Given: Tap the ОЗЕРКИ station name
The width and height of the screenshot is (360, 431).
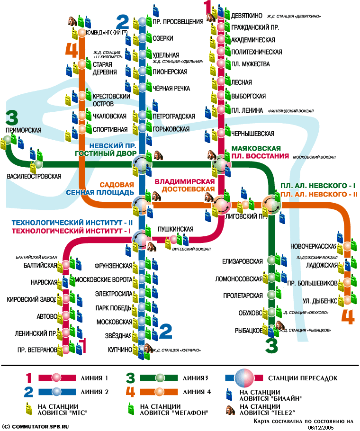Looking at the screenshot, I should pyautogui.click(x=163, y=38).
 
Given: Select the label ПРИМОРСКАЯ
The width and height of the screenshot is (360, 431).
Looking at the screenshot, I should pyautogui.click(x=24, y=130).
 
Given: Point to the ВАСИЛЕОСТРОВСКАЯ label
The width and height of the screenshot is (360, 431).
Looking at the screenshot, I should pyautogui.click(x=34, y=176).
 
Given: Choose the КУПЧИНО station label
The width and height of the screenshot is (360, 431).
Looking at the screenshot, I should pyautogui.click(x=119, y=350).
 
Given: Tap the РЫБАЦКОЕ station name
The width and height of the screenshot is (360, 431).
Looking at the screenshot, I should pyautogui.click(x=247, y=330).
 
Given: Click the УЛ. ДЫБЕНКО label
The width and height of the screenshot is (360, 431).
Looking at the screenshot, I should pyautogui.click(x=320, y=301).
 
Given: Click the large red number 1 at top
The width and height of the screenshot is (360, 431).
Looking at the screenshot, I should pyautogui.click(x=207, y=7).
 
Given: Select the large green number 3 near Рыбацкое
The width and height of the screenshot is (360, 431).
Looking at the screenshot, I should pyautogui.click(x=271, y=346).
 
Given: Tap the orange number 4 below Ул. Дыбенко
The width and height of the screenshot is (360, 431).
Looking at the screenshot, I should pyautogui.click(x=348, y=316).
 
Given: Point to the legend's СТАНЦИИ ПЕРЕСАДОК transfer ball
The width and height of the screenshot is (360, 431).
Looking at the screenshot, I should pyautogui.click(x=244, y=378).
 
